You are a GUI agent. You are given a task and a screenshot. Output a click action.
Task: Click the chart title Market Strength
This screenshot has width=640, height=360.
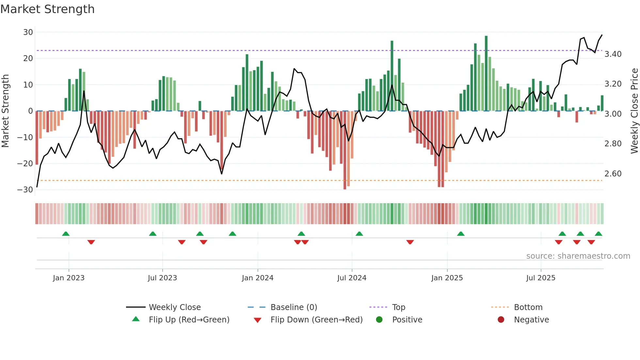(x=47, y=9)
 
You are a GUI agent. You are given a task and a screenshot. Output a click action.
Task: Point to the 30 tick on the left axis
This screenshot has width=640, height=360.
(x=28, y=32)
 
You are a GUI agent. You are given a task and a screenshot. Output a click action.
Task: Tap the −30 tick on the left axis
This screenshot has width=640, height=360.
(x=25, y=190)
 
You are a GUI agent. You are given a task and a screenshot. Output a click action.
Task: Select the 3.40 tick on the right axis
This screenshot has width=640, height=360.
(x=613, y=54)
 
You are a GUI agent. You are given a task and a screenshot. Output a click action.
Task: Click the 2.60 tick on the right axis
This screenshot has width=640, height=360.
(x=613, y=174)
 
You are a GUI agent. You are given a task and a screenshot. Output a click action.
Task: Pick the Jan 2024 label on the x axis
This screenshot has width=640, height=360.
(x=258, y=278)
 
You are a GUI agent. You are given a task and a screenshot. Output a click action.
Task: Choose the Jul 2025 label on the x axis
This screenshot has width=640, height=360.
(x=541, y=278)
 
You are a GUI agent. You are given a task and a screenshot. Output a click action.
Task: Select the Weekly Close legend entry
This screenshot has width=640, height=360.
(x=175, y=307)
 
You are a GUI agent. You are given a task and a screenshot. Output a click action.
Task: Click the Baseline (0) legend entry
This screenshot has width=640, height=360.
(x=294, y=307)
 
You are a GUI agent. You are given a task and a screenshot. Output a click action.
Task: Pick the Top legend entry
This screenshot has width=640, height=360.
(x=398, y=307)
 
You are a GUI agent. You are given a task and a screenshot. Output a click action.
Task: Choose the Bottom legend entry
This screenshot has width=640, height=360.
(x=528, y=307)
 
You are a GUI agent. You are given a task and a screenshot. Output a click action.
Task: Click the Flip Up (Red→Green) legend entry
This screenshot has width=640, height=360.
(x=189, y=320)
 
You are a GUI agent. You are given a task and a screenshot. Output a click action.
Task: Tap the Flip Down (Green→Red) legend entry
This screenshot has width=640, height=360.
(x=316, y=320)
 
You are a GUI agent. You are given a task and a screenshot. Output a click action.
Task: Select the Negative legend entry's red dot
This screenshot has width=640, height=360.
(x=501, y=319)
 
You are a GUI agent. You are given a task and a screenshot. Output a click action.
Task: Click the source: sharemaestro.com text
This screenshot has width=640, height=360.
(x=578, y=256)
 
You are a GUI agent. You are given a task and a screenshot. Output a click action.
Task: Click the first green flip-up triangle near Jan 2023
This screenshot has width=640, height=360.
(x=66, y=234)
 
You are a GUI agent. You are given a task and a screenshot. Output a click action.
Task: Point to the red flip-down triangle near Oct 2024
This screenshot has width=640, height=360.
(x=410, y=242)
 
